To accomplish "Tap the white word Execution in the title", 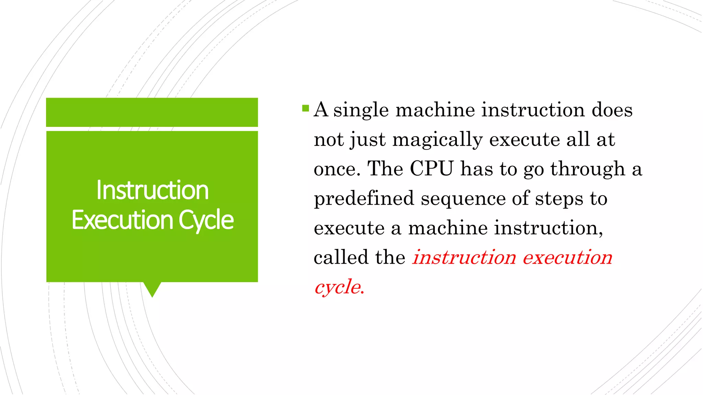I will pyautogui.click(x=122, y=220).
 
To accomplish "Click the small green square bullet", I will pyautogui.click(x=306, y=109).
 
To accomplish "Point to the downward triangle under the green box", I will pyautogui.click(x=152, y=289).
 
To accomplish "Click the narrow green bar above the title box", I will pyautogui.click(x=152, y=112).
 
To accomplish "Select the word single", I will pyautogui.click(x=361, y=111).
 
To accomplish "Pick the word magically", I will pyautogui.click(x=437, y=140).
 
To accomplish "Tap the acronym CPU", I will pyautogui.click(x=431, y=169).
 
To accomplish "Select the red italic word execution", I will pyautogui.click(x=567, y=257).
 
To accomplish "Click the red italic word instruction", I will pyautogui.click(x=464, y=257).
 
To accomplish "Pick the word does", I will pyautogui.click(x=612, y=110).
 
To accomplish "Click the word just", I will pyautogui.click(x=368, y=140).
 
